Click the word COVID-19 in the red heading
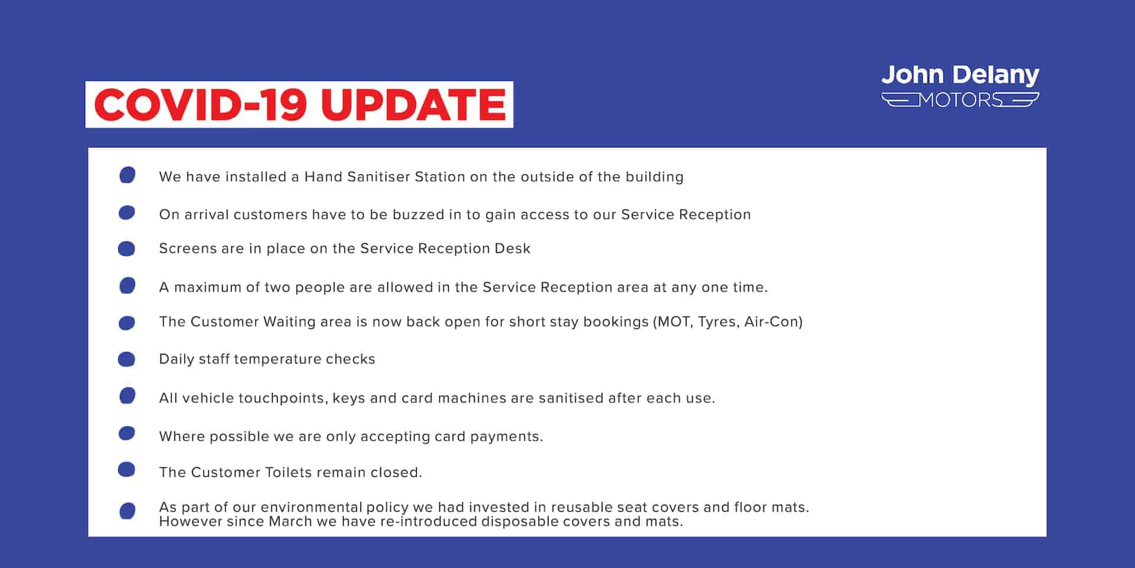click(200, 105)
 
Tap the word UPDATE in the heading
click(413, 105)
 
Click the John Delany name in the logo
click(960, 76)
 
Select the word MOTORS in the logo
click(960, 100)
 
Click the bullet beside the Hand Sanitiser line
click(127, 175)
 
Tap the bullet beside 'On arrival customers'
click(127, 213)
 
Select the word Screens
click(188, 248)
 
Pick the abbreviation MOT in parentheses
click(674, 322)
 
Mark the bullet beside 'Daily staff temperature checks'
click(127, 359)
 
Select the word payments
click(505, 437)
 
